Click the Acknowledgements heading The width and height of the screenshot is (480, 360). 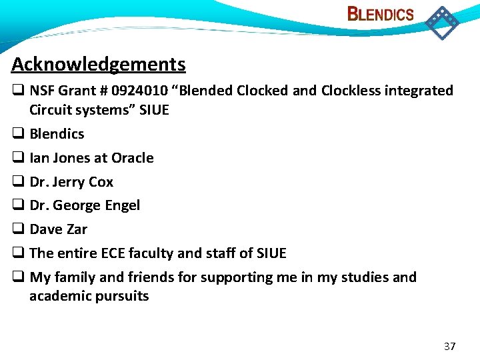[x=98, y=64]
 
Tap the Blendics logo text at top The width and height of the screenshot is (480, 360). [x=381, y=14]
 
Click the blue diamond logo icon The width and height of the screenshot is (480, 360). [x=442, y=22]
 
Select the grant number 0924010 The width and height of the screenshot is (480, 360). [x=137, y=91]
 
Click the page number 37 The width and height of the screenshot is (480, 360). [x=449, y=346]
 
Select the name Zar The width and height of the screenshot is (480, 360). [x=77, y=229]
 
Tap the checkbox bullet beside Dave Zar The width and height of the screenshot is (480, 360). [x=18, y=229]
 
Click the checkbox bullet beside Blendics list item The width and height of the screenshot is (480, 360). [x=18, y=134]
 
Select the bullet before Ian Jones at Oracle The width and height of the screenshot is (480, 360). [x=18, y=158]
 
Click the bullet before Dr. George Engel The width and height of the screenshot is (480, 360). [x=18, y=205]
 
